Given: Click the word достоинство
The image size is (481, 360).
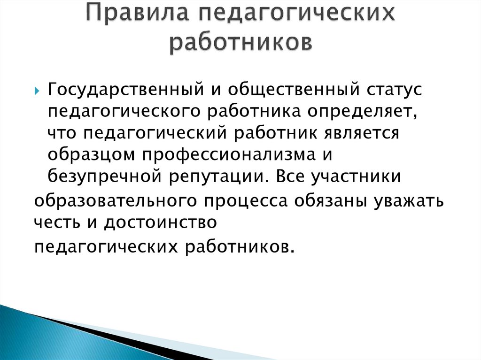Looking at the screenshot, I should pos(161,223).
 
